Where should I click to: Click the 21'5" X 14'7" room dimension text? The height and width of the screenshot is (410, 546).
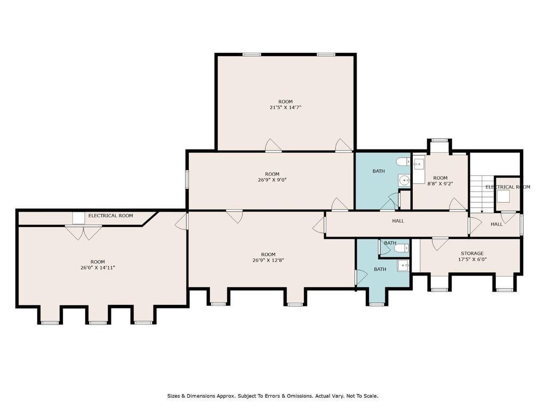click(x=285, y=108)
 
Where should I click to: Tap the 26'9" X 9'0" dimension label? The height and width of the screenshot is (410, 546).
click(x=272, y=180)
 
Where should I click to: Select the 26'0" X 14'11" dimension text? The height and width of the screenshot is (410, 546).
click(x=98, y=268)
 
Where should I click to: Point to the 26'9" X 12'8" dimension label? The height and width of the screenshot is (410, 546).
click(x=268, y=260)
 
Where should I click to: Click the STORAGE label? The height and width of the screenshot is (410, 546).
click(x=472, y=254)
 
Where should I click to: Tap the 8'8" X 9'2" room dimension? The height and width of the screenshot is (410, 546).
click(x=440, y=184)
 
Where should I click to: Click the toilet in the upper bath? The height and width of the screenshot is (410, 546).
click(x=404, y=162)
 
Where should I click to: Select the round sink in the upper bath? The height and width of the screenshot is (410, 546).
click(x=404, y=180)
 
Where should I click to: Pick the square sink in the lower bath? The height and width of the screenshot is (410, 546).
click(x=403, y=266)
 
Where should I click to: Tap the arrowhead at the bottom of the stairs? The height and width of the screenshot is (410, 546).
click(x=482, y=211)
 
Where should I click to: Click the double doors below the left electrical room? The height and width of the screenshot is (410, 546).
click(x=84, y=233)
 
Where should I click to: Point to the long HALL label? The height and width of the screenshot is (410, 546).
click(x=398, y=221)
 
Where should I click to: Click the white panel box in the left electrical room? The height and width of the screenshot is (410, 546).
click(x=78, y=218)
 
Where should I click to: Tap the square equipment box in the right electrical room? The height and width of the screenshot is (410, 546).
click(x=503, y=196)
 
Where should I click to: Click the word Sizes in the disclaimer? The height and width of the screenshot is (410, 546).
click(x=173, y=396)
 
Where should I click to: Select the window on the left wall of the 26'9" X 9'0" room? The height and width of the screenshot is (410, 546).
click(x=187, y=179)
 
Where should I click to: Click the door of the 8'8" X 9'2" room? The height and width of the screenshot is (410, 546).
click(x=457, y=204)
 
